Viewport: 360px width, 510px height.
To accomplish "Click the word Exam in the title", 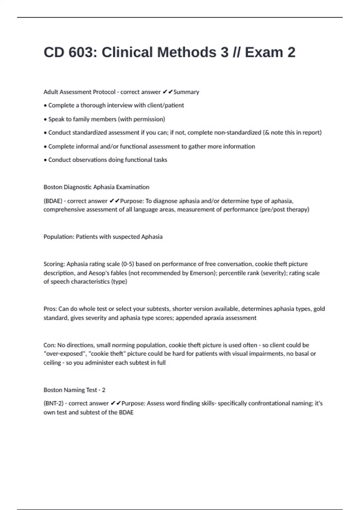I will coord(264,52).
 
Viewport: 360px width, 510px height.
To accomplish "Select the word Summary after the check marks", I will coord(186,92).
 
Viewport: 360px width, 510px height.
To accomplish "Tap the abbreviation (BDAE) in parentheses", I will coord(53,201).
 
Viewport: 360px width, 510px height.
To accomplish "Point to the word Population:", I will coord(59,237).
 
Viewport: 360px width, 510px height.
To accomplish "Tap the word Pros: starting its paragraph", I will coord(50,309).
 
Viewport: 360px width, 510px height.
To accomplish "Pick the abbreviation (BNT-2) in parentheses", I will coord(53,403).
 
